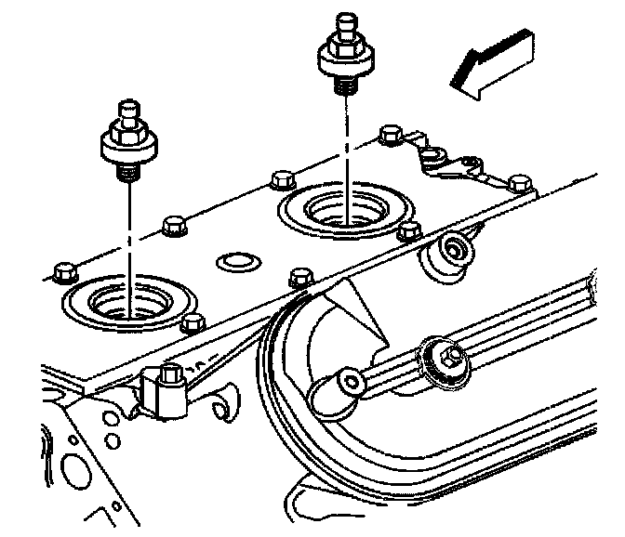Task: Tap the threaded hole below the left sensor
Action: click(130, 303)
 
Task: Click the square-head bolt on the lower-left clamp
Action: click(168, 377)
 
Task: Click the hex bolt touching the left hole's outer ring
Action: click(193, 322)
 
